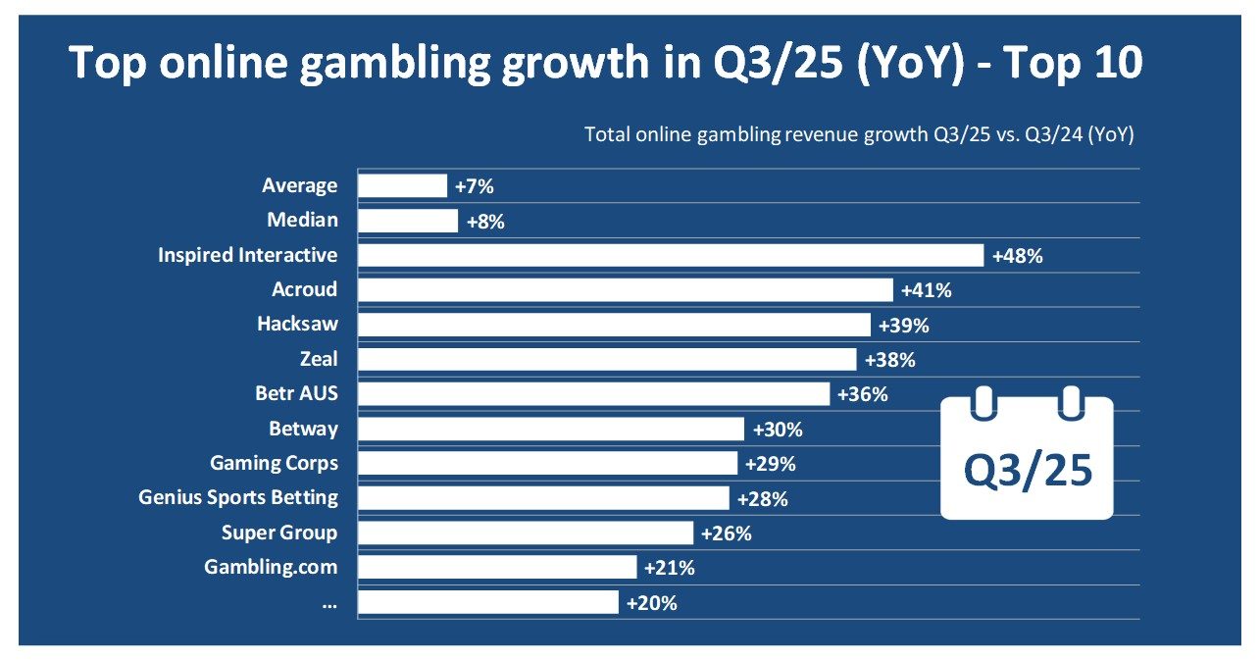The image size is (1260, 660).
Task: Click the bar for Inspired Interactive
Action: pyautogui.click(x=671, y=255)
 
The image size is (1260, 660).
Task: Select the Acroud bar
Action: pyautogui.click(x=626, y=289)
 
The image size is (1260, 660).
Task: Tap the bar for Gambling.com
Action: pyautogui.click(x=497, y=567)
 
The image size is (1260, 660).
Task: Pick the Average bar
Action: pyautogui.click(x=402, y=185)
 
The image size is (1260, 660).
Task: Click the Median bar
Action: pyautogui.click(x=408, y=220)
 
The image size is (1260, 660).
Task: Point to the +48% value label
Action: pyautogui.click(x=1017, y=256)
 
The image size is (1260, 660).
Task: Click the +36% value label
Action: pyautogui.click(x=863, y=394)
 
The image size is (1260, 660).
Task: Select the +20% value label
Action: pyautogui.click(x=652, y=603)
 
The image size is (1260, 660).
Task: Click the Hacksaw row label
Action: pyautogui.click(x=297, y=325)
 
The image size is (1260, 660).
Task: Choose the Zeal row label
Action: pyautogui.click(x=318, y=359)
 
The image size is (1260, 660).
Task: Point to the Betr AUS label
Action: pyautogui.click(x=296, y=394)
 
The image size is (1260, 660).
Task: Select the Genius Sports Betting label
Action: pyautogui.click(x=238, y=498)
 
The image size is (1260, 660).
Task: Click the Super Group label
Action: pyautogui.click(x=279, y=533)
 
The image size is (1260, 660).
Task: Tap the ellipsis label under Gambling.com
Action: pyautogui.click(x=328, y=603)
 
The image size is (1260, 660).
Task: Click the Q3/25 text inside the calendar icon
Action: pyautogui.click(x=1027, y=470)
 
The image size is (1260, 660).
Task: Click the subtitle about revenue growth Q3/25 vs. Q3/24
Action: pyautogui.click(x=859, y=135)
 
